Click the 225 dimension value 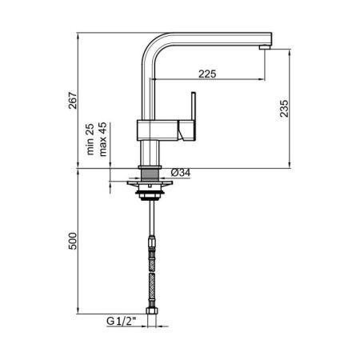coord(207,74)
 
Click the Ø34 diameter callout coord(180,172)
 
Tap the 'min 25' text coord(94,138)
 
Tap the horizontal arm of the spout coord(212,38)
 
